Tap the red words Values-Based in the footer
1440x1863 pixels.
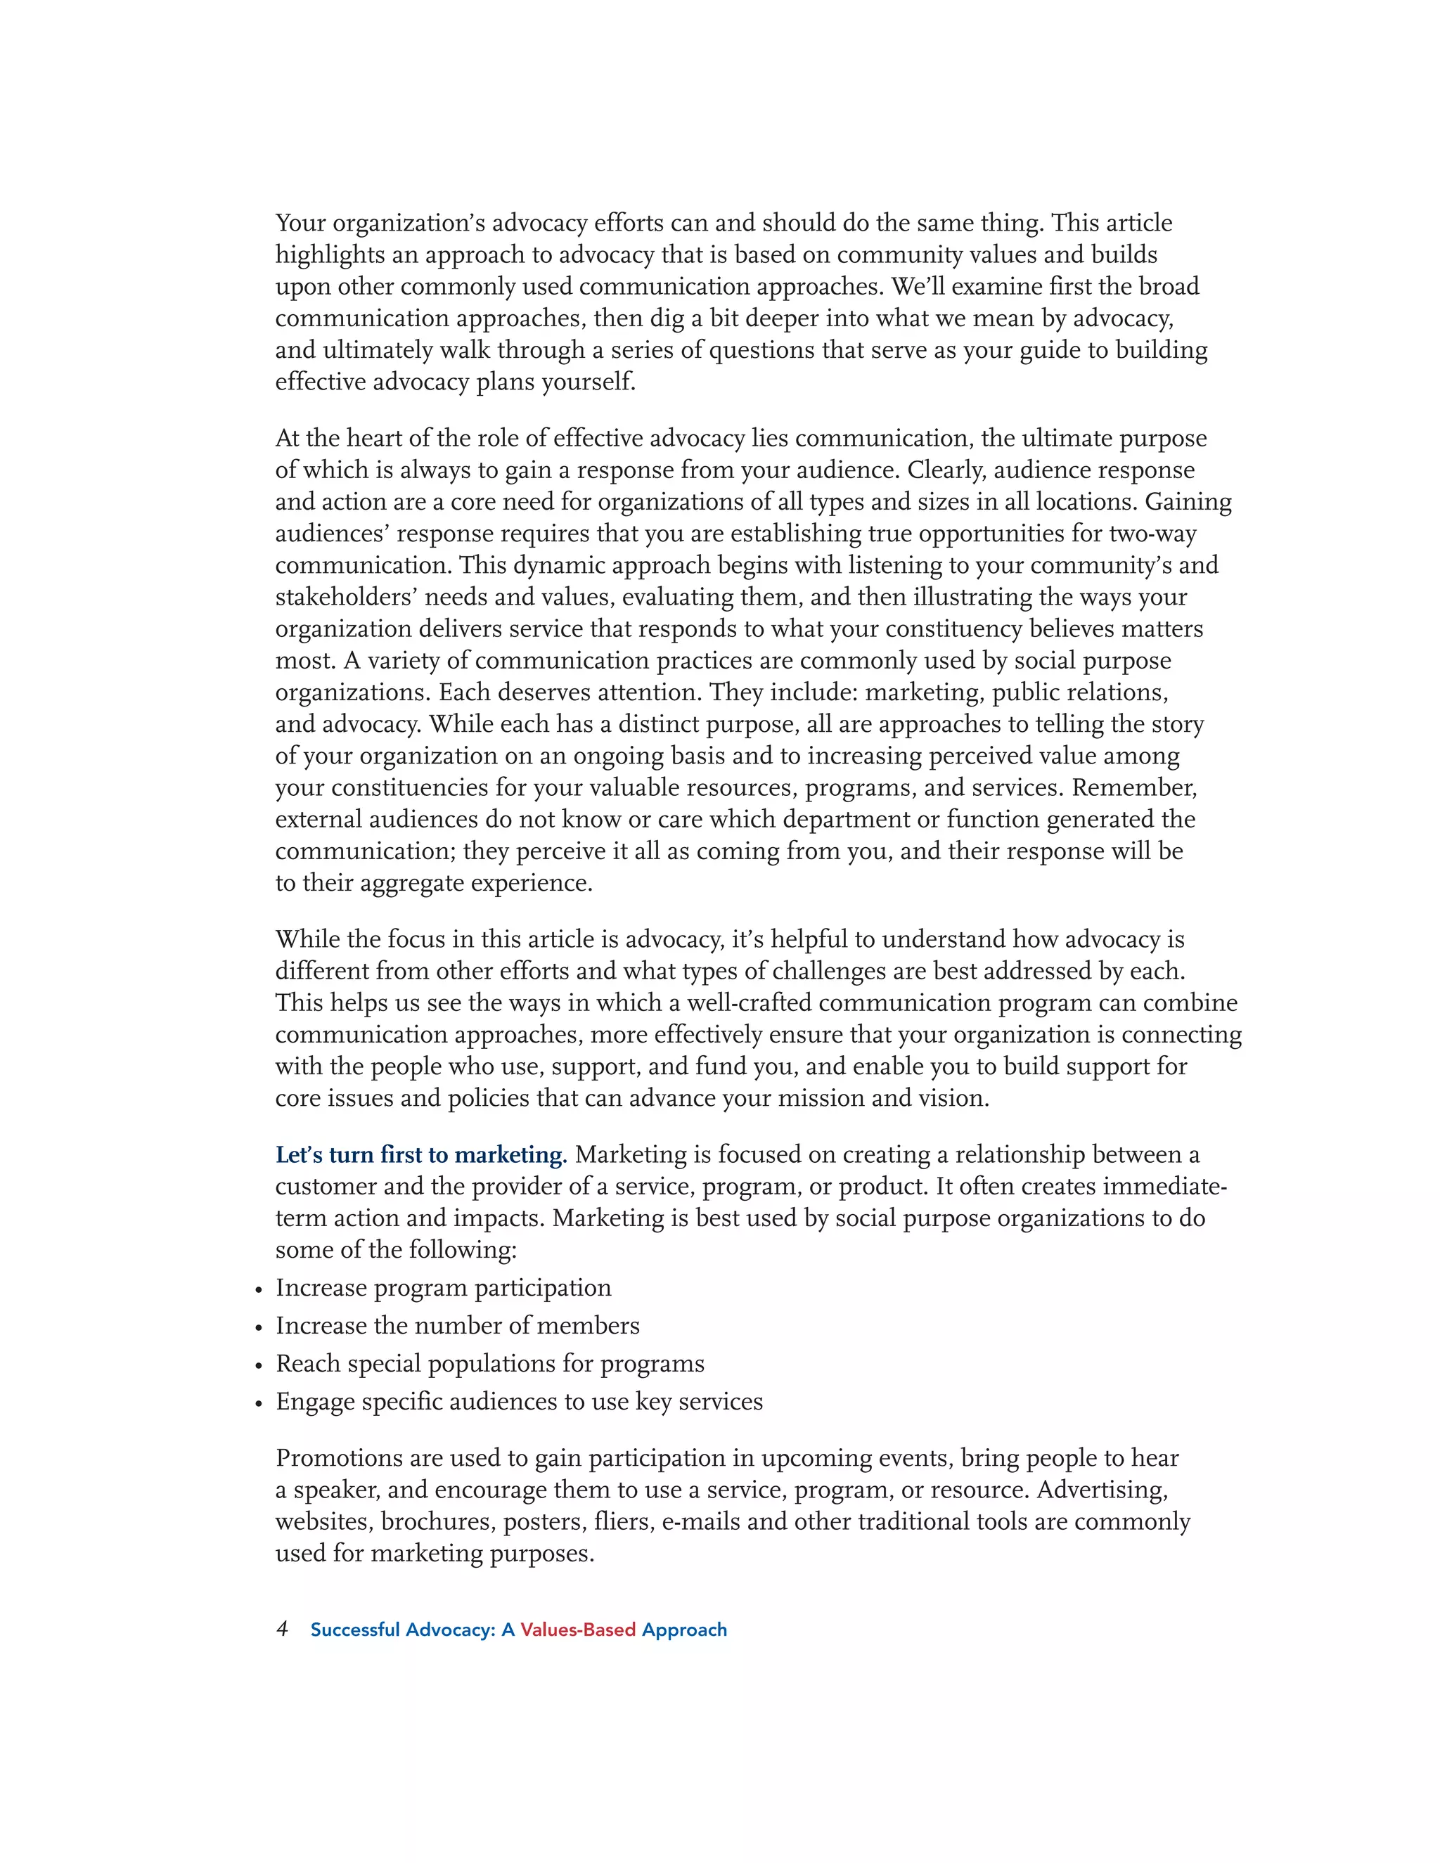click(577, 1630)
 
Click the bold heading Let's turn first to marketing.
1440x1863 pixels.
click(420, 1155)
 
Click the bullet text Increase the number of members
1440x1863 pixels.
click(457, 1326)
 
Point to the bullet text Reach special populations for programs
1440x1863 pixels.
click(489, 1364)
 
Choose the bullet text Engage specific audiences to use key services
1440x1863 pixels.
click(519, 1402)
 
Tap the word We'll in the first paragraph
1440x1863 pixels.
click(918, 287)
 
